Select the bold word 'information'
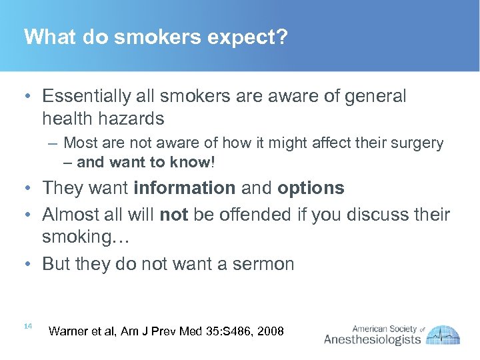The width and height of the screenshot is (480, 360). click(x=185, y=189)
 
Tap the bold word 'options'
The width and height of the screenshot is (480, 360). click(x=311, y=189)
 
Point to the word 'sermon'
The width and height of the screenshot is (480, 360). click(x=264, y=264)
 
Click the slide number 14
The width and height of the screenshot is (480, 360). click(x=28, y=326)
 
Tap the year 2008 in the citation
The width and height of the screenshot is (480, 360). click(x=270, y=331)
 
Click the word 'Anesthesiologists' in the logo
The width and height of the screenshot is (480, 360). click(x=373, y=340)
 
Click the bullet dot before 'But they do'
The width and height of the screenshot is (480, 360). click(x=27, y=264)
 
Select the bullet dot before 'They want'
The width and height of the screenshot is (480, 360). click(x=27, y=189)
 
